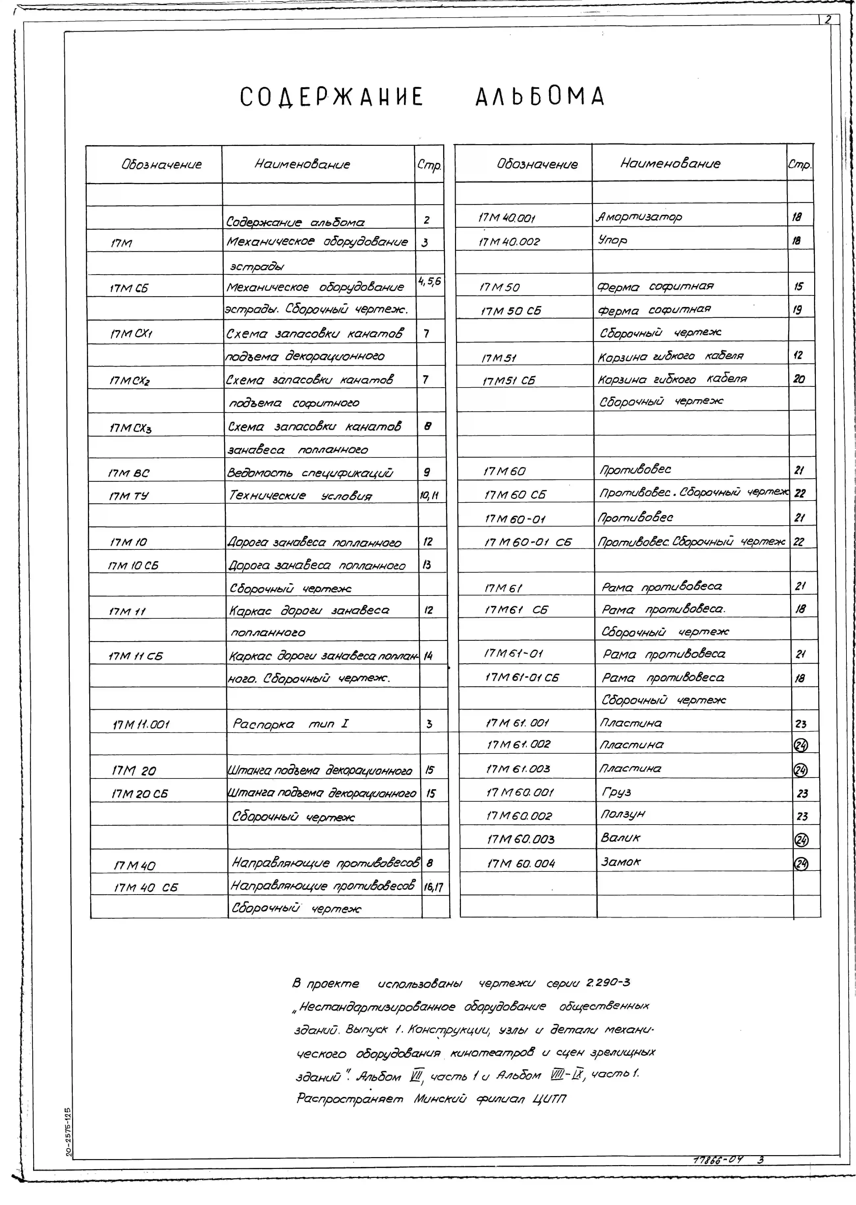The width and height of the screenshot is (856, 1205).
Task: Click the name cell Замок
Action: coord(621,862)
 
